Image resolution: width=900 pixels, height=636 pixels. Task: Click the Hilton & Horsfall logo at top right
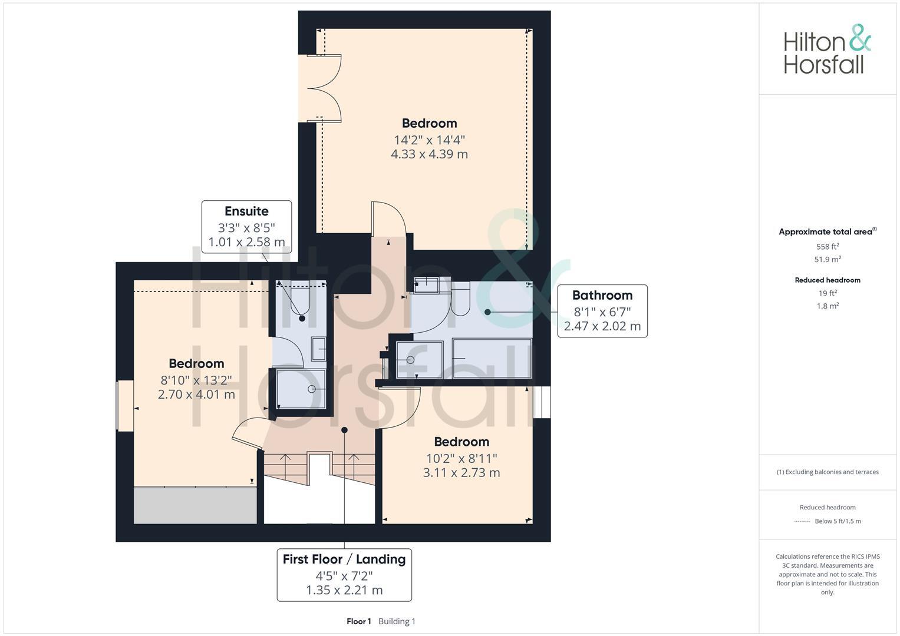click(x=826, y=49)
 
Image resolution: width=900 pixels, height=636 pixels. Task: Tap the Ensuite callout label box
click(x=246, y=227)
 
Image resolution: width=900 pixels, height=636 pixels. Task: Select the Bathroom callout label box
click(x=602, y=311)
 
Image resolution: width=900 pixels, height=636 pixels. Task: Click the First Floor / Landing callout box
click(x=344, y=575)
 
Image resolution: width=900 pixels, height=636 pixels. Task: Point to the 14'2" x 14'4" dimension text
click(x=429, y=140)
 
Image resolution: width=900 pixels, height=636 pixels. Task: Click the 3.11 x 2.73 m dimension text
click(x=461, y=472)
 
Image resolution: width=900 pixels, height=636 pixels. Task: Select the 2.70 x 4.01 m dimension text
click(x=196, y=395)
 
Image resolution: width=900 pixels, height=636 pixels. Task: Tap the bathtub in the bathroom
click(x=491, y=358)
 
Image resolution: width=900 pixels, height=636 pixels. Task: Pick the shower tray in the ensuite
click(x=301, y=389)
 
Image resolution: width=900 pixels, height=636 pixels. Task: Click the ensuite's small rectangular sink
click(x=318, y=349)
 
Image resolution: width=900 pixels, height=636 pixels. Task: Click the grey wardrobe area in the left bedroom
click(x=194, y=505)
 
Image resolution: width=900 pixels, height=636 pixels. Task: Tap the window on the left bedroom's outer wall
click(x=125, y=406)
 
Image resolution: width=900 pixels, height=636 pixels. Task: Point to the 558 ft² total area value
click(x=827, y=247)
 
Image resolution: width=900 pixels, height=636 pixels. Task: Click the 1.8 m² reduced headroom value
click(x=827, y=306)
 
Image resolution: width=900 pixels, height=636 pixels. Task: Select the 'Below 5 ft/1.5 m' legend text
click(x=838, y=521)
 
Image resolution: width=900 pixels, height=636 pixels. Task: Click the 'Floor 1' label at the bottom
click(x=358, y=621)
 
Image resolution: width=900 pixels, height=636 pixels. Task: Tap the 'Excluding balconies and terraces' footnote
click(x=828, y=472)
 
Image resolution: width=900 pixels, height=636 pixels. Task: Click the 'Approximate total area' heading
click(x=826, y=232)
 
